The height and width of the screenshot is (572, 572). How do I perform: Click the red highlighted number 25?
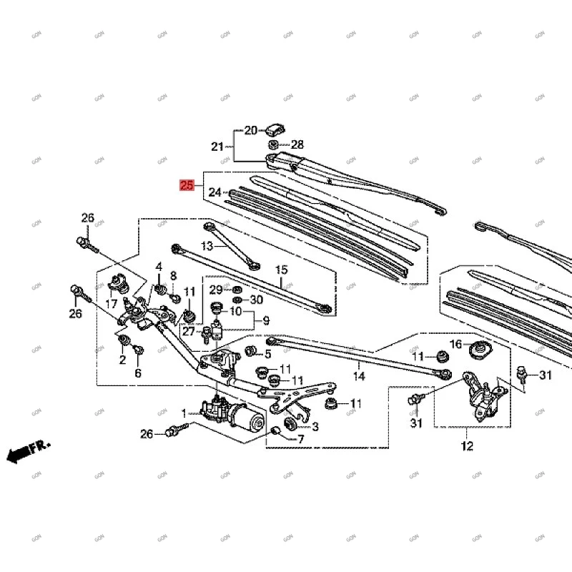click(x=187, y=186)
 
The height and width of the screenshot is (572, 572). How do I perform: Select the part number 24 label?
click(x=215, y=192)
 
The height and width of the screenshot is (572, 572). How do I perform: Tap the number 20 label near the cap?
click(x=250, y=131)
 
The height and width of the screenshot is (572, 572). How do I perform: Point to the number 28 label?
click(x=297, y=144)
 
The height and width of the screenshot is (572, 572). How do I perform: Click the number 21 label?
click(x=217, y=147)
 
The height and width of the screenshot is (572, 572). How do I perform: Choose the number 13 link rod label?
click(x=207, y=246)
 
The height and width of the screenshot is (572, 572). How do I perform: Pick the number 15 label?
click(x=281, y=270)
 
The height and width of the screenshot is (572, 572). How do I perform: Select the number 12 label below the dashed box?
click(x=467, y=447)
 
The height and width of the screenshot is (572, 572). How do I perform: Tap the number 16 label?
click(x=455, y=345)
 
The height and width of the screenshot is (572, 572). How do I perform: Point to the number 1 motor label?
click(x=184, y=413)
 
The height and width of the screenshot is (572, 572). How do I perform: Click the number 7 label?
click(x=300, y=438)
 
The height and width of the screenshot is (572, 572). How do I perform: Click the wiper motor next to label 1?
click(x=227, y=414)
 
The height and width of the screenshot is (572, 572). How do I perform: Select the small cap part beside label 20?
click(x=275, y=129)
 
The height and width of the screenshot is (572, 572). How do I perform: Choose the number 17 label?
click(x=111, y=305)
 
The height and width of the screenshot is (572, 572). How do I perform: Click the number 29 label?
click(x=215, y=289)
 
